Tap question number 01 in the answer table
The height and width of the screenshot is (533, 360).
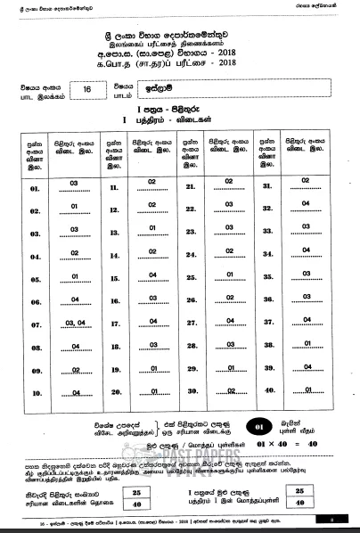click(36, 188)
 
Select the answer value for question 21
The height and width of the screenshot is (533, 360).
click(229, 184)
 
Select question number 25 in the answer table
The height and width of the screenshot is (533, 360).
click(190, 277)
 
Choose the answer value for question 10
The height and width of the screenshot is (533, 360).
click(75, 390)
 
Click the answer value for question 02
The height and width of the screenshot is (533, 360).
click(75, 207)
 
